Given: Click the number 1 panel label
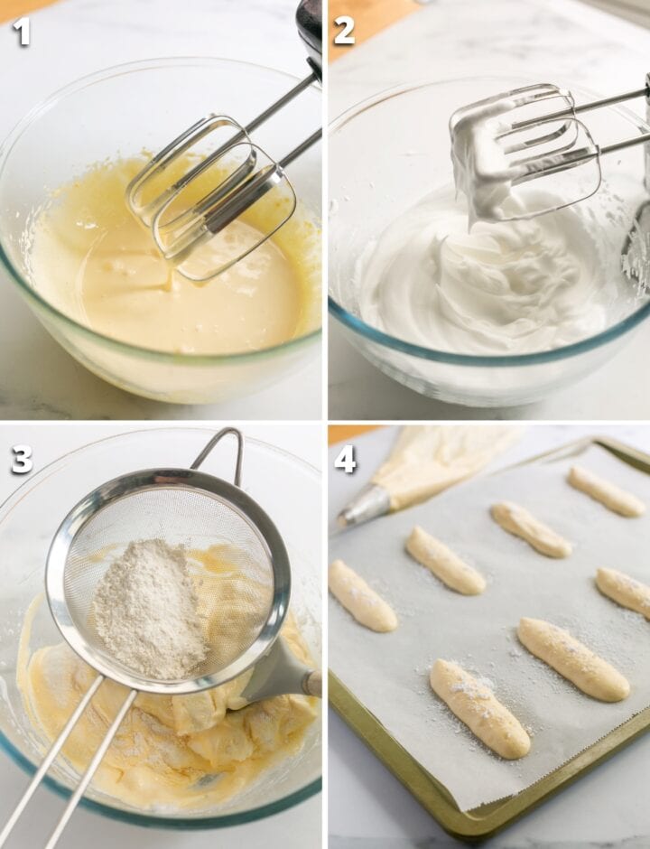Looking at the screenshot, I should [21, 32].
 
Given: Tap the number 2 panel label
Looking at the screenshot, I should [344, 32].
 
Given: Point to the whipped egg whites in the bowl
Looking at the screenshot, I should [478, 289].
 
